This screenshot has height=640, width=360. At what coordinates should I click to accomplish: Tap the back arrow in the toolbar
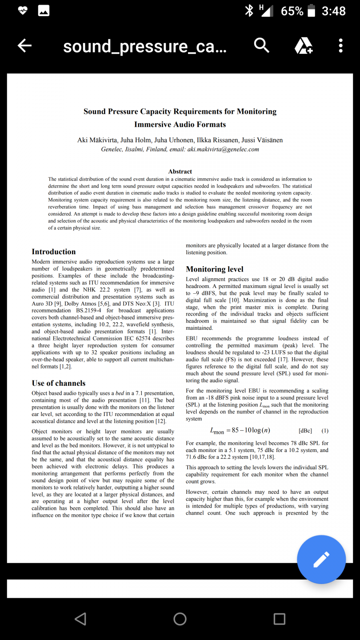pos(24,45)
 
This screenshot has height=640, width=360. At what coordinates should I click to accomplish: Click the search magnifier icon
pos(261,45)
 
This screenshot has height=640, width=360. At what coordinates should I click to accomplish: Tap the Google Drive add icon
pos(304,45)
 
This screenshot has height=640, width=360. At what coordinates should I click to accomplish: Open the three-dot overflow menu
pos(340,45)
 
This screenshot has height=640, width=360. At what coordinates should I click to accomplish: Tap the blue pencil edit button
pos(321,559)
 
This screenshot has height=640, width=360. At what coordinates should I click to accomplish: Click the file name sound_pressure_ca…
pos(144,46)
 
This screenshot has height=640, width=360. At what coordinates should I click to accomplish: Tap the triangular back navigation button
pos(80,619)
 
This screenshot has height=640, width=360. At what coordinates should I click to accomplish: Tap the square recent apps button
pos(279,619)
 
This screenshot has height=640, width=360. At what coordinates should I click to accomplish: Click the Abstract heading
pos(180,172)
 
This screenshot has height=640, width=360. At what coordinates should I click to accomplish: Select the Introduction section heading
pos(54,252)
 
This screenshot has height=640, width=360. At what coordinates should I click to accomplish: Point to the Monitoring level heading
pos(215,269)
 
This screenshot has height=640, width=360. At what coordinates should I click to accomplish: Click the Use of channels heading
pos(59,383)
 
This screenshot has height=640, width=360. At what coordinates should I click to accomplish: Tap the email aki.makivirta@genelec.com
pos(223,149)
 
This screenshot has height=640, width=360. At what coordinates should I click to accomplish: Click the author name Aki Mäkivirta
pos(98,140)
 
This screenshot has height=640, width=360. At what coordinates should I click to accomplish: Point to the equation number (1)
pos(325,431)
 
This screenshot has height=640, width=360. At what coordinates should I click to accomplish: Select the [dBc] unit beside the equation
pos(305,431)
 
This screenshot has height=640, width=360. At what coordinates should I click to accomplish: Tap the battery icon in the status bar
pos(311,11)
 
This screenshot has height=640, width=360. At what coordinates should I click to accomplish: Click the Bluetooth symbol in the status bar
pos(249,11)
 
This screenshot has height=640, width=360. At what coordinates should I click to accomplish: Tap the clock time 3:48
pos(333,11)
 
